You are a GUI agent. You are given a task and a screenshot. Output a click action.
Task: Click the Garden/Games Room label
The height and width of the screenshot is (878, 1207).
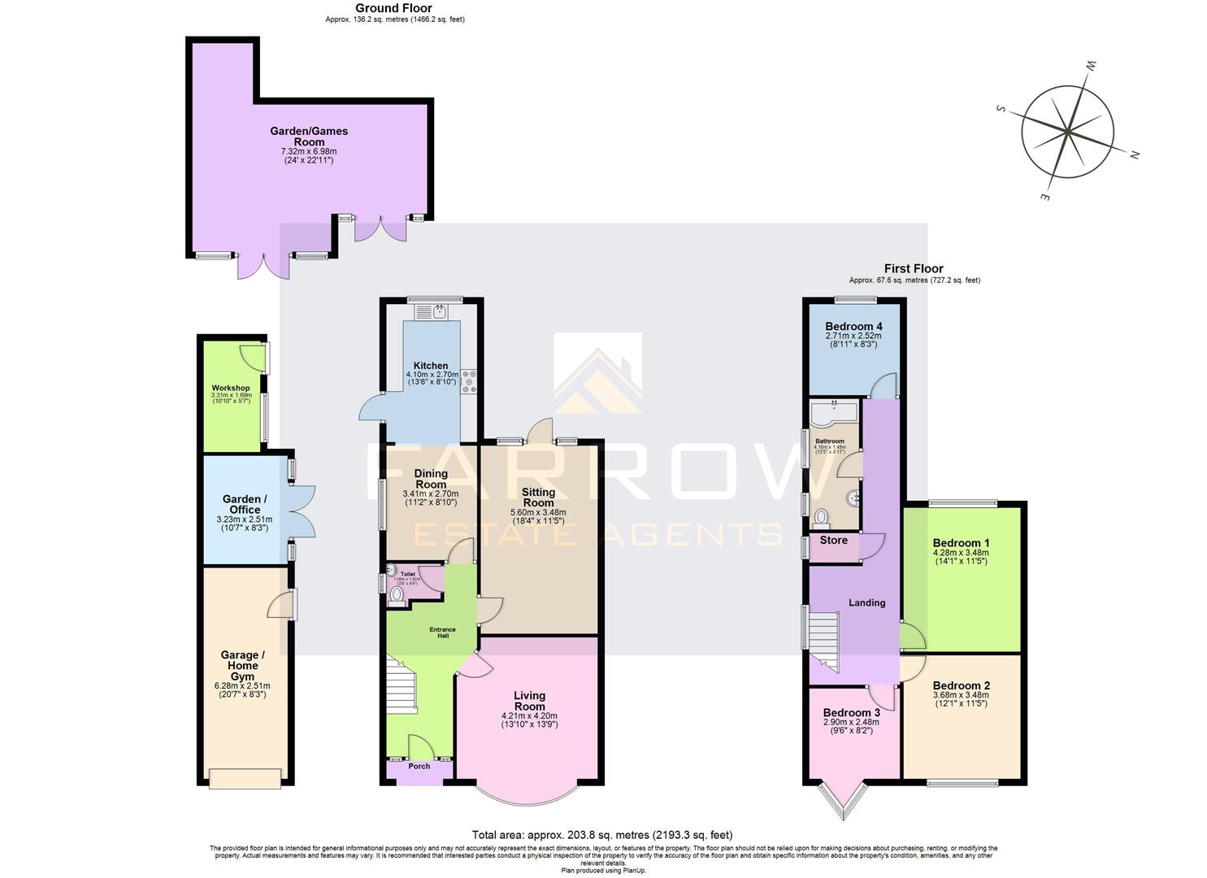pyautogui.click(x=309, y=136)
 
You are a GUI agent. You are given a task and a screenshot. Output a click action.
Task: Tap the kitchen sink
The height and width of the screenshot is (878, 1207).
pyautogui.click(x=440, y=311)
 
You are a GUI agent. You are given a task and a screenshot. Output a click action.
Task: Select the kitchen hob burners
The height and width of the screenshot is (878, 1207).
pyautogui.click(x=470, y=382)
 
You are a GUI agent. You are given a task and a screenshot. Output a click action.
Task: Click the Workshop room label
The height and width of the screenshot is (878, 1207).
pyautogui.click(x=231, y=388)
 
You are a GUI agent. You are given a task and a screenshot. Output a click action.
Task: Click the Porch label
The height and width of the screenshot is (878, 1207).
pyautogui.click(x=419, y=766)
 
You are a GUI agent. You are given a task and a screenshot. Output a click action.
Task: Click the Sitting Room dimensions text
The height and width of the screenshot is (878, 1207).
pyautogui.click(x=538, y=516)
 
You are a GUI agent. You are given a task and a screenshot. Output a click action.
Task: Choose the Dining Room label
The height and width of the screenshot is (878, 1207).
pyautogui.click(x=431, y=479)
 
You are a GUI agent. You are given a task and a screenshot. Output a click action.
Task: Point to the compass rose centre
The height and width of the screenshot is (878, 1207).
pyautogui.click(x=1064, y=130)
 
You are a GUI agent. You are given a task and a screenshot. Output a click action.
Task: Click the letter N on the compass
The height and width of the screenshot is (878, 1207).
pyautogui.click(x=1134, y=155)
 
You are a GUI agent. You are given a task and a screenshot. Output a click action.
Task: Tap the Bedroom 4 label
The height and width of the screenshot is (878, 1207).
pyautogui.click(x=853, y=326)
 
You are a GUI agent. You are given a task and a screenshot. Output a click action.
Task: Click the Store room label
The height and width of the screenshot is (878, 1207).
pyautogui.click(x=833, y=540)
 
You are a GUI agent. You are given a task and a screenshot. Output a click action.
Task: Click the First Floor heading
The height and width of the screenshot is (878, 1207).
pyautogui.click(x=914, y=268)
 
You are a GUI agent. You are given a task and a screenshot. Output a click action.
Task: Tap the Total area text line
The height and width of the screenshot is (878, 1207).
pyautogui.click(x=602, y=835)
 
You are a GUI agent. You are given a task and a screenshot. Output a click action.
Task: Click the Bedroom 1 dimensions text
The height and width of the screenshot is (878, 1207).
pyautogui.click(x=961, y=557)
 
